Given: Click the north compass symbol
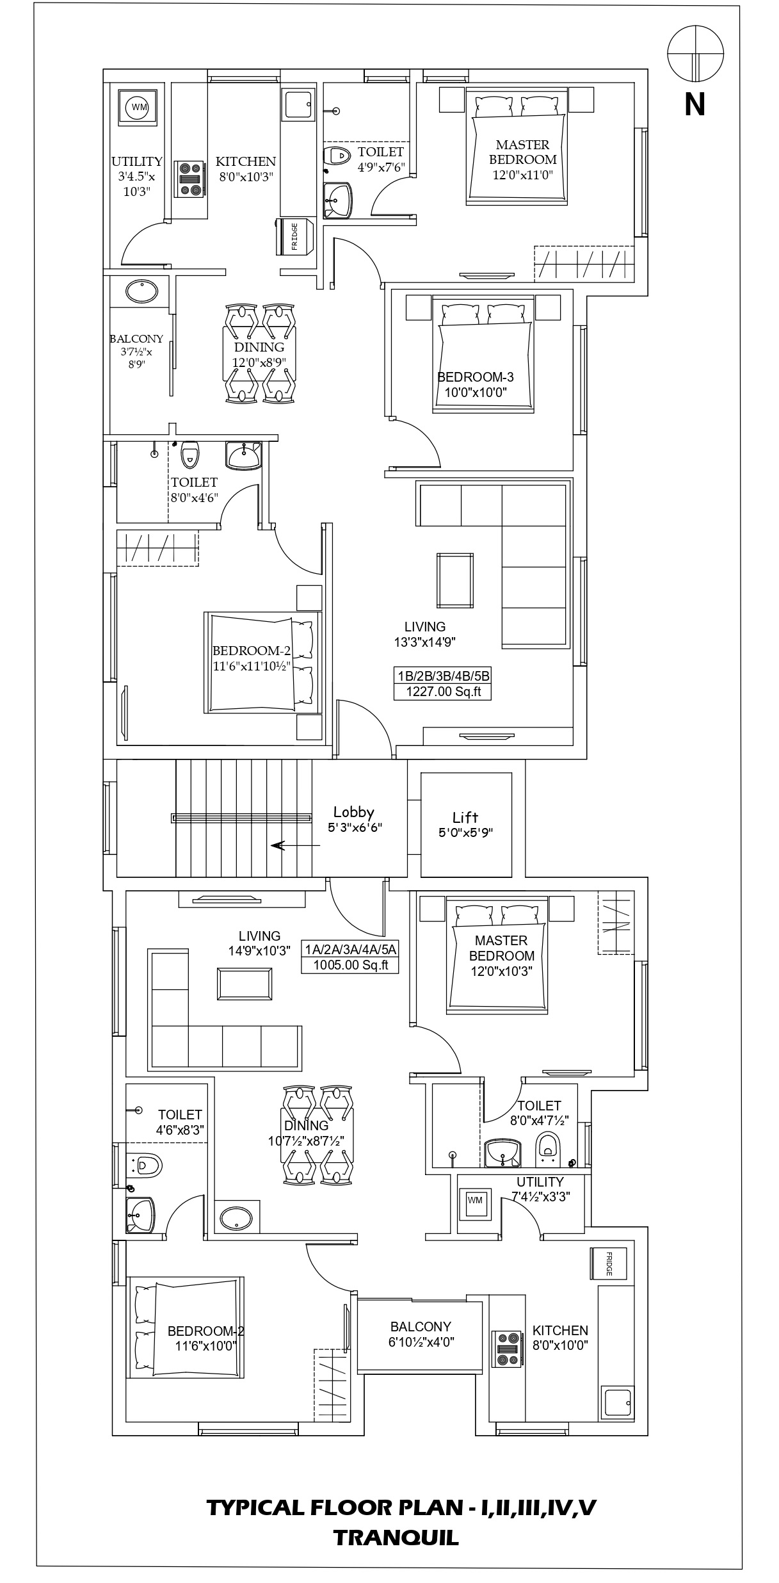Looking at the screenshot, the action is (695, 54).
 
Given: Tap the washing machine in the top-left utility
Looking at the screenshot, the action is (138, 107).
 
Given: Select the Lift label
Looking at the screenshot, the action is (465, 817).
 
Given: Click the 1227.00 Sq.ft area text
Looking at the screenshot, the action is (443, 692).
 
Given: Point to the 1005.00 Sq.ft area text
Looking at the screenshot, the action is (351, 965).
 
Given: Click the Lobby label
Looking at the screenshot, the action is (353, 813).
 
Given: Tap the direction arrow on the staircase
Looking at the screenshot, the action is (295, 845).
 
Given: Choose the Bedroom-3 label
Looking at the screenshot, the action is (476, 377).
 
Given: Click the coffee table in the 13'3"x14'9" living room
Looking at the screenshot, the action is (456, 580).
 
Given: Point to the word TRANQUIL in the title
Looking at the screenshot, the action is (396, 1538).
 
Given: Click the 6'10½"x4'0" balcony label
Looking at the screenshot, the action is (421, 1334).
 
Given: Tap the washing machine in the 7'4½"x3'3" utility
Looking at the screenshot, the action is (474, 1200).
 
